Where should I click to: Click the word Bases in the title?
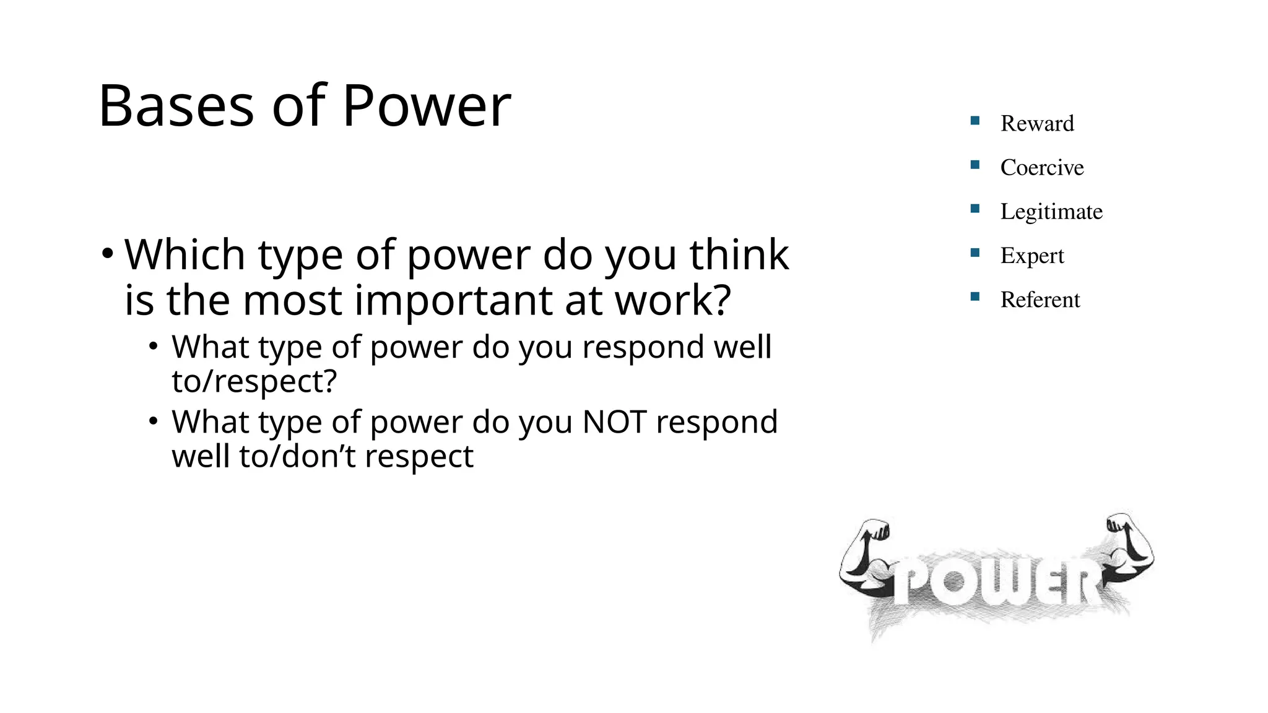(x=176, y=106)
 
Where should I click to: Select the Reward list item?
(x=1036, y=123)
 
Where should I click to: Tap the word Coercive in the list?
(x=1041, y=167)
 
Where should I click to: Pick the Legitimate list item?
(x=1051, y=212)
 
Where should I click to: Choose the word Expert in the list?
(x=1031, y=256)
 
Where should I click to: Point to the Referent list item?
(x=1040, y=300)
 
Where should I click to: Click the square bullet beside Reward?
(x=975, y=121)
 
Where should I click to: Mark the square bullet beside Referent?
(x=975, y=296)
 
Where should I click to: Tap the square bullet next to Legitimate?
(x=975, y=209)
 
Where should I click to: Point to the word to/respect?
(x=254, y=381)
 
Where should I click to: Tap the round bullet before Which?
(x=108, y=254)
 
